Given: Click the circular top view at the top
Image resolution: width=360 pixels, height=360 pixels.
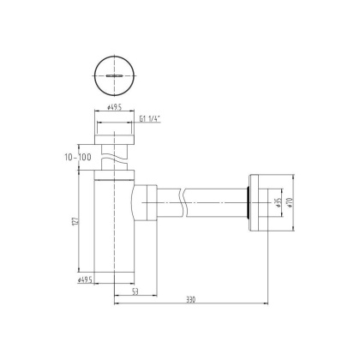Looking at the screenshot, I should coord(111,75).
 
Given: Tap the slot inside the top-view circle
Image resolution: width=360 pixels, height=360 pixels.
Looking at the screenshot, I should coord(111,75).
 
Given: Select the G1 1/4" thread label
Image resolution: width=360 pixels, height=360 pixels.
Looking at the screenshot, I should coord(148,120).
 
